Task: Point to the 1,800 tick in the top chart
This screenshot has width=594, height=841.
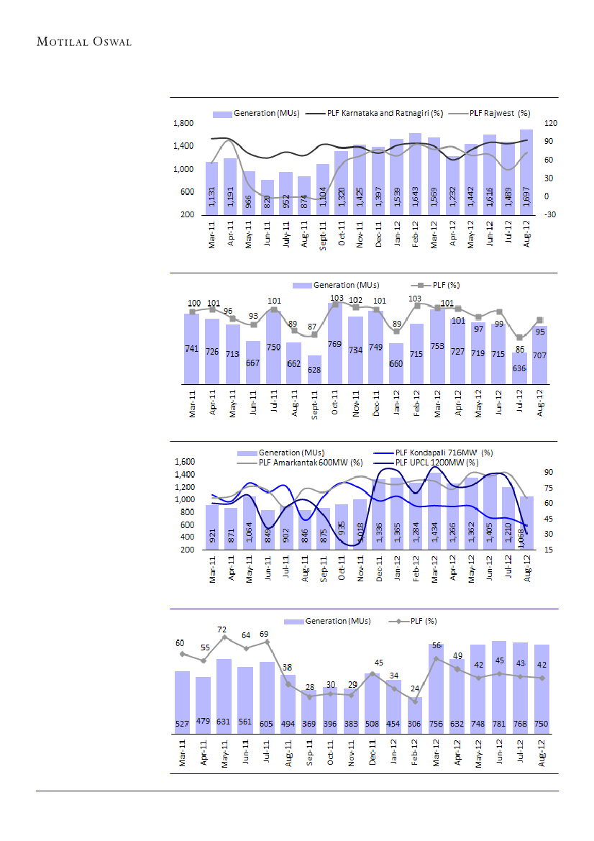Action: point(183,124)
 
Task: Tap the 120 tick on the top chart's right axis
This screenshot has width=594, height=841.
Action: point(551,124)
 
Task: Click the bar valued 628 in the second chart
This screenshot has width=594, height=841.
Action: point(314,370)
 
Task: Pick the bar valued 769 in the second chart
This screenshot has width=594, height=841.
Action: point(334,344)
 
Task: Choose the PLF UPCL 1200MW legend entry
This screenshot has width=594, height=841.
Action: point(437,462)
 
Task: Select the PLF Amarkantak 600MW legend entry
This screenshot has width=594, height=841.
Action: point(311,462)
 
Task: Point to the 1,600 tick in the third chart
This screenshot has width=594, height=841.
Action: point(185,461)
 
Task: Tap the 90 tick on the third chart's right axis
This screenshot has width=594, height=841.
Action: point(548,472)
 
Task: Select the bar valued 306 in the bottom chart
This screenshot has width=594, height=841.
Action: point(415,713)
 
